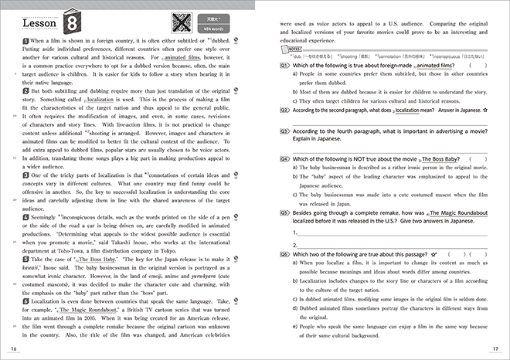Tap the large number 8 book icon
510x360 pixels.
coord(73,18)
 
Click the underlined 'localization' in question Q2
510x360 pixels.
coord(409,110)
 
